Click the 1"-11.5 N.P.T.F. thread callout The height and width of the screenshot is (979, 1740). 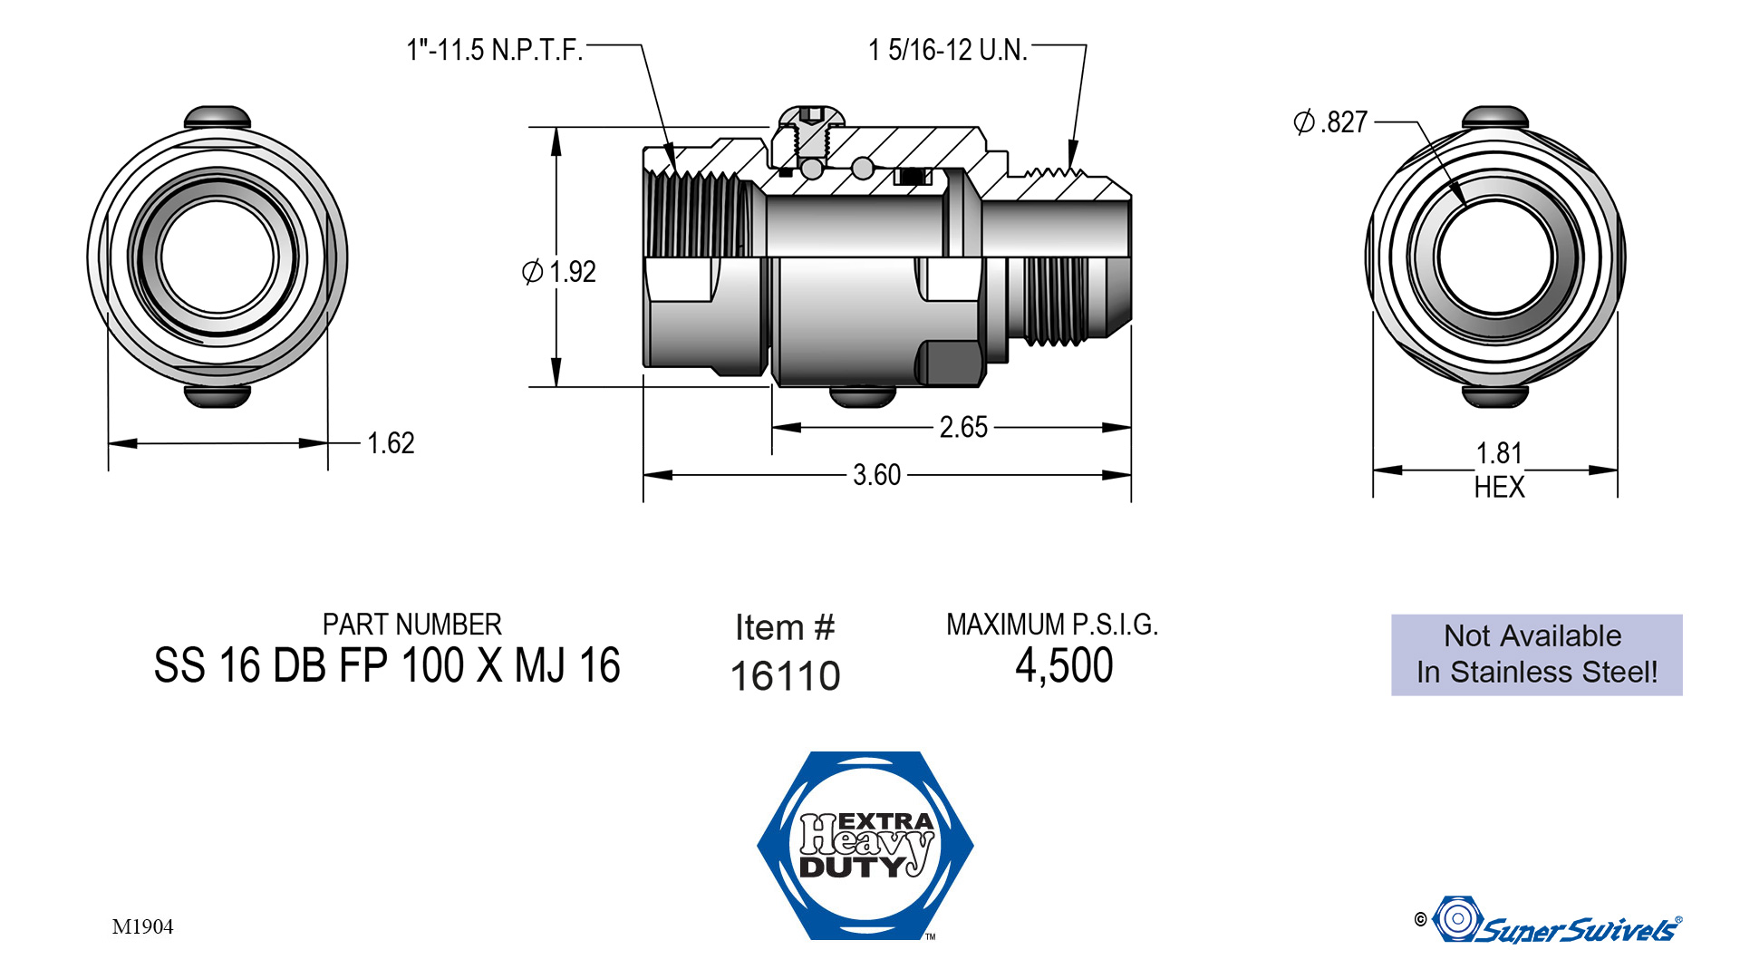(494, 50)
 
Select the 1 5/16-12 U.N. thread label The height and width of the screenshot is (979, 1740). (947, 50)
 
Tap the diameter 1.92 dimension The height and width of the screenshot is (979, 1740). (560, 271)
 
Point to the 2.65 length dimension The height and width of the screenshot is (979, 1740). (963, 427)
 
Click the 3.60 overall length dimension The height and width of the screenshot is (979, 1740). (876, 475)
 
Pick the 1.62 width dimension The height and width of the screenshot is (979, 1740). (391, 443)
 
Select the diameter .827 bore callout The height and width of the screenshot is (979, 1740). (1330, 122)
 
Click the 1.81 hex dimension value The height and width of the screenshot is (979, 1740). (1499, 453)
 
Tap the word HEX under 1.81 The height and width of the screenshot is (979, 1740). (1499, 488)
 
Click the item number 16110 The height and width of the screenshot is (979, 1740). (785, 676)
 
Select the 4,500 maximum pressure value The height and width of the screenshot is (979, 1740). (1064, 666)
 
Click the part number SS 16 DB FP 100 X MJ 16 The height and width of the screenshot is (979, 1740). (387, 666)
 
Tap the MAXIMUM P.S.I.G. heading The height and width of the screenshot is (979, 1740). (1052, 625)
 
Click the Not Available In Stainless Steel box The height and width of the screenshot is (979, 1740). (1536, 654)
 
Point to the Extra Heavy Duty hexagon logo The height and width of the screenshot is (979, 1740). (865, 845)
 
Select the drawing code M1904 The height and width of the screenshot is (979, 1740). (142, 926)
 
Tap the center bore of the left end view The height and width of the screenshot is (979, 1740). (217, 257)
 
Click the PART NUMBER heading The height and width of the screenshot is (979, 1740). (411, 625)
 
